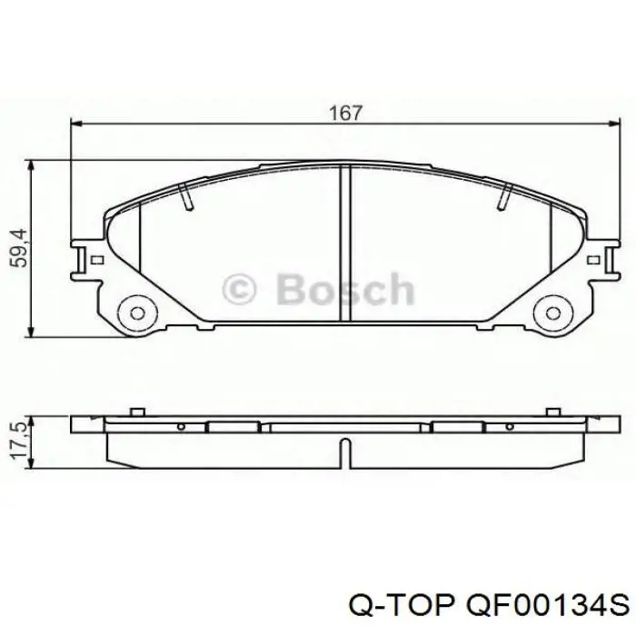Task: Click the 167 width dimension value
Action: (x=345, y=114)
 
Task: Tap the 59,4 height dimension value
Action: (x=19, y=248)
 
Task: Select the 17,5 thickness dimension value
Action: (x=19, y=441)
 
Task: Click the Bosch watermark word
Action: (x=345, y=289)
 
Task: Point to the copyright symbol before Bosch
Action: (x=239, y=289)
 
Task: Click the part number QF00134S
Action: (x=548, y=606)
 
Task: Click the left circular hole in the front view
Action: (x=137, y=313)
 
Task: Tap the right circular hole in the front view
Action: (x=552, y=313)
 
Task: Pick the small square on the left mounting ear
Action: (x=97, y=260)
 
